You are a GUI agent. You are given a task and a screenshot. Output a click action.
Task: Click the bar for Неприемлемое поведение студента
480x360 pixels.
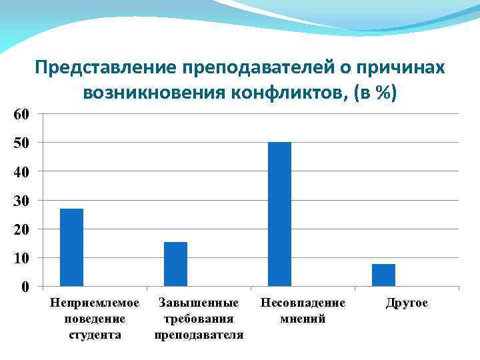click(x=71, y=247)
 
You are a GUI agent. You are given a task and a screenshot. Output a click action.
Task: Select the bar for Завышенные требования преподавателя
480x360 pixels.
click(x=175, y=264)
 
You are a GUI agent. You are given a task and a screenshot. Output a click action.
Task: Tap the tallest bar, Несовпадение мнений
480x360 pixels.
click(x=279, y=214)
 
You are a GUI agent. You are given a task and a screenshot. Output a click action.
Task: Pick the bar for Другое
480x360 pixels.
click(x=383, y=275)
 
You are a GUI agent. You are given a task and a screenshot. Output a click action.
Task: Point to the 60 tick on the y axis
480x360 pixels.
click(x=21, y=114)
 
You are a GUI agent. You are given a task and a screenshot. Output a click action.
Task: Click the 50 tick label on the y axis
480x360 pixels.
click(x=21, y=143)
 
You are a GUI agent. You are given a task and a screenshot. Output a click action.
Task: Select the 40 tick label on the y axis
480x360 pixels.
click(x=21, y=171)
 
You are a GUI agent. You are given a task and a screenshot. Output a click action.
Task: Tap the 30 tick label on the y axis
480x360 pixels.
click(x=21, y=200)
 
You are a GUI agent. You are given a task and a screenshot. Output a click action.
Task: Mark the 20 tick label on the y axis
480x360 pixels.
click(x=21, y=229)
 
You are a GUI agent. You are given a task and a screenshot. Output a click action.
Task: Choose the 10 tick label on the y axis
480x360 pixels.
click(x=21, y=257)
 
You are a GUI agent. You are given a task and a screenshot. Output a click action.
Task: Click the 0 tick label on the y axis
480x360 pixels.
click(x=25, y=287)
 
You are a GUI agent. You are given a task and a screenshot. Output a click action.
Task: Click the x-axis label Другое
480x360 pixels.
click(x=407, y=303)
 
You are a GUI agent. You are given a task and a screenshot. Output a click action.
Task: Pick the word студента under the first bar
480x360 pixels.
click(x=95, y=334)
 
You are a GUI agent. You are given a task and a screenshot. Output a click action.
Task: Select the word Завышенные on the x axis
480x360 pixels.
click(x=199, y=303)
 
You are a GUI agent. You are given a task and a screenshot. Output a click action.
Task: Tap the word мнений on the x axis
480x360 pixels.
click(x=303, y=319)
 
